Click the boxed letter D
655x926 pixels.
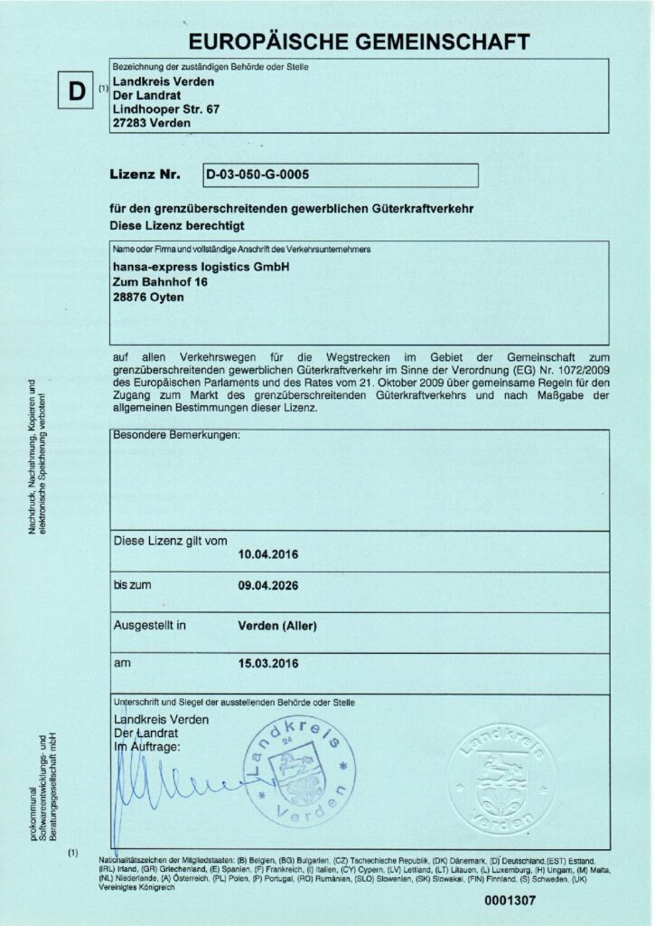point(76,91)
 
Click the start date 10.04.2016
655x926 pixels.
point(267,553)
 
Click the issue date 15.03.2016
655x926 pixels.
point(267,665)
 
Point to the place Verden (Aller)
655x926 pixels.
point(280,626)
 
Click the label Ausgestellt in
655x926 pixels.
point(150,625)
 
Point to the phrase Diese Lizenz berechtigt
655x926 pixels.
point(177,222)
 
